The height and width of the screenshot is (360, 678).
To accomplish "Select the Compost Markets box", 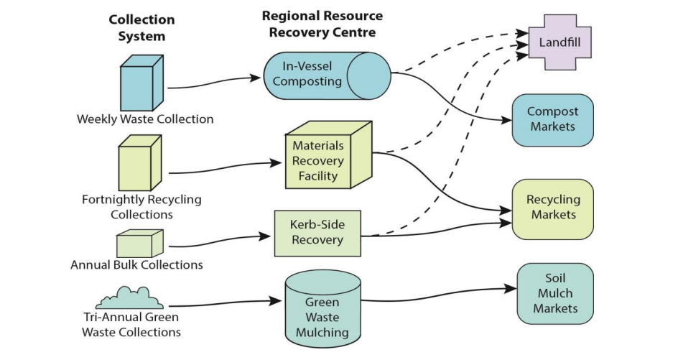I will pyautogui.click(x=552, y=119).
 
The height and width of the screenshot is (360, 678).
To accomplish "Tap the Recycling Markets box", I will pyautogui.click(x=552, y=208).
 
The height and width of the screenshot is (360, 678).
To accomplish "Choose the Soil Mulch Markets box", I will pyautogui.click(x=555, y=293).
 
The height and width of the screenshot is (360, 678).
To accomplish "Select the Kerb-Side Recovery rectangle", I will pyautogui.click(x=317, y=233).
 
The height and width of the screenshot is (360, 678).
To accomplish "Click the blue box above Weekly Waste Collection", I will pyautogui.click(x=136, y=84).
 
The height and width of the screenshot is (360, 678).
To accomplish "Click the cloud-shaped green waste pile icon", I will pyautogui.click(x=129, y=296).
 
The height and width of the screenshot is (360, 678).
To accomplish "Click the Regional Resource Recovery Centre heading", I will pyautogui.click(x=322, y=24).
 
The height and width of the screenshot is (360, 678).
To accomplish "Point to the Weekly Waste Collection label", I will pyautogui.click(x=145, y=119).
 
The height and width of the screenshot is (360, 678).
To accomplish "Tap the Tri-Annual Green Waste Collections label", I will pyautogui.click(x=131, y=324).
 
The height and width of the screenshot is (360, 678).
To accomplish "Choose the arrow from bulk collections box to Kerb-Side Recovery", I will pyautogui.click(x=215, y=241).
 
